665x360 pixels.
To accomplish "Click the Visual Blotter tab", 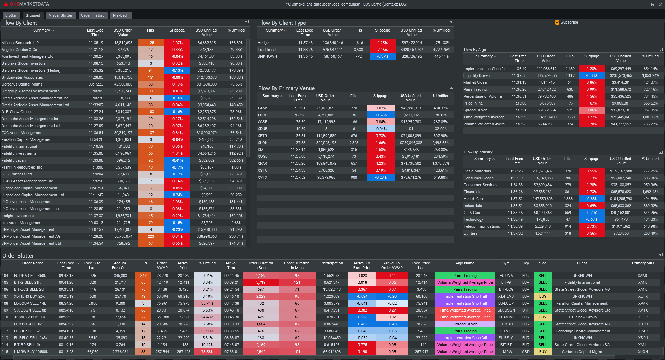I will pyautogui.click(x=60, y=15).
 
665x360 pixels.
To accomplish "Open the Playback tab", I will pyautogui.click(x=121, y=15).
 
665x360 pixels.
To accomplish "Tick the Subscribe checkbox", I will pyautogui.click(x=557, y=22).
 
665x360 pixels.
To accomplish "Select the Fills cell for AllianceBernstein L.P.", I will pyautogui.click(x=151, y=43).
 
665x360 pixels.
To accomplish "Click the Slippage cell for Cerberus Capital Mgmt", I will pyautogui.click(x=177, y=84).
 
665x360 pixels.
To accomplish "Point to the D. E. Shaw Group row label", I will pyautogui.click(x=16, y=112).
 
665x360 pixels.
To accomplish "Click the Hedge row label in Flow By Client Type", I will pyautogui.click(x=263, y=43).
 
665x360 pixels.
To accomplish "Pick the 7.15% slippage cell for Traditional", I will pyautogui.click(x=382, y=49).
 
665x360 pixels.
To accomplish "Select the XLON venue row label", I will pyautogui.click(x=263, y=143).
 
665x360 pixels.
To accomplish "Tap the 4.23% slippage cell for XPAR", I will pyautogui.click(x=381, y=163).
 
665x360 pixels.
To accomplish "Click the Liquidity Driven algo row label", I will pyautogui.click(x=477, y=75).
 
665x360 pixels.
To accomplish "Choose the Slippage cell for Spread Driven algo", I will pyautogui.click(x=592, y=110).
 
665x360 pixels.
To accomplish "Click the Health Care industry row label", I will pyautogui.click(x=474, y=199).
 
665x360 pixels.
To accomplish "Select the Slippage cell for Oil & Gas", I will pyautogui.click(x=592, y=213).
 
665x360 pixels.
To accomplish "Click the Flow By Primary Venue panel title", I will pyautogui.click(x=286, y=88).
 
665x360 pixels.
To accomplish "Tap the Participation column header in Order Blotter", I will pyautogui.click(x=331, y=263).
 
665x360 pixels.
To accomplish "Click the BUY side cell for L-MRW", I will pyautogui.click(x=543, y=352).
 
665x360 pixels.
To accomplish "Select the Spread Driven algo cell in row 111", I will pyautogui.click(x=465, y=324).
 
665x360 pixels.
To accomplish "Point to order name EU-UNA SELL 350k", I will pyautogui.click(x=30, y=276).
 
